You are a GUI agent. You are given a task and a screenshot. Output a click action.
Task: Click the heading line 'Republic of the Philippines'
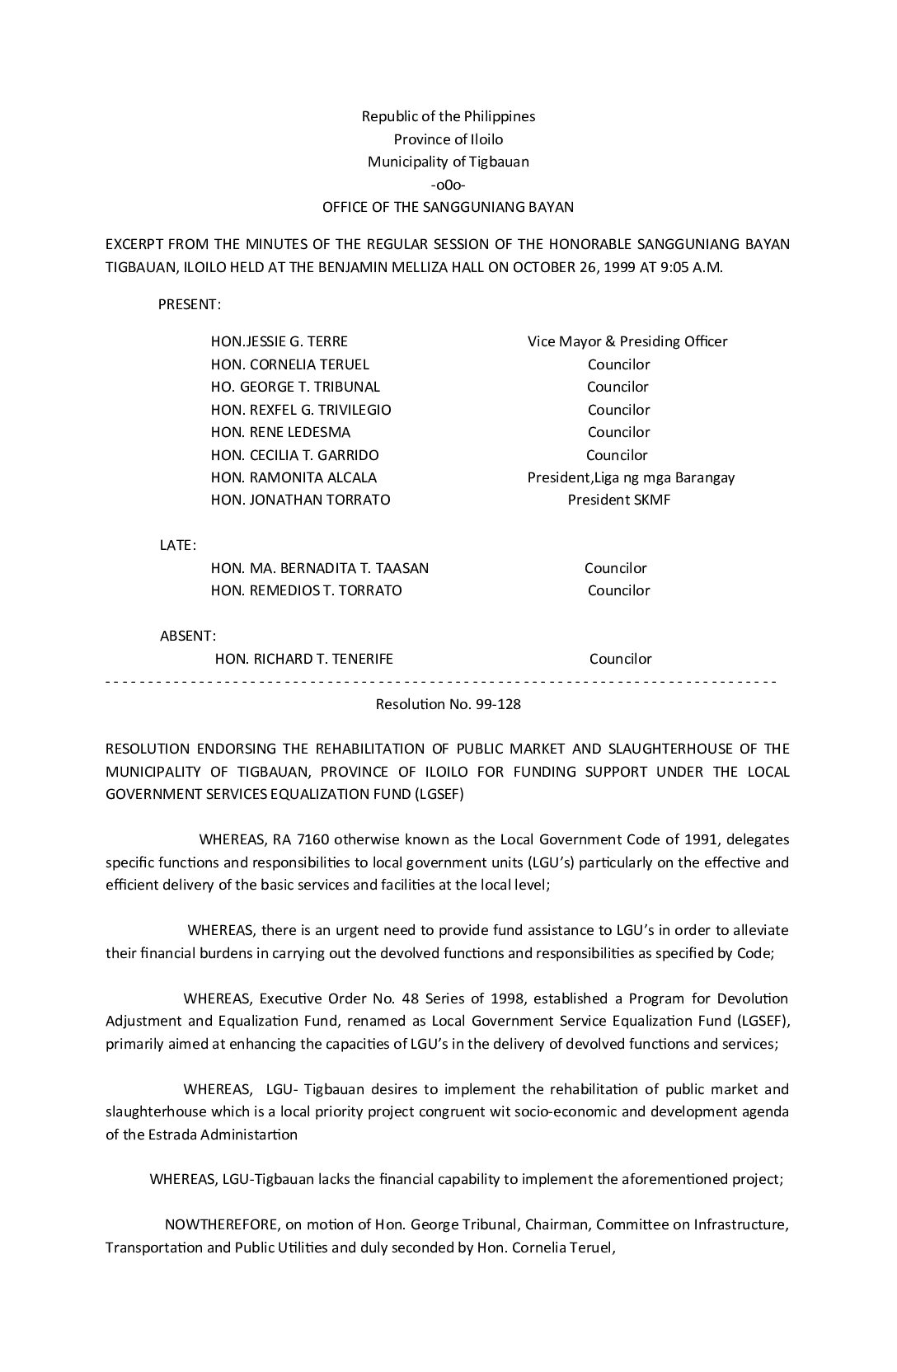448,116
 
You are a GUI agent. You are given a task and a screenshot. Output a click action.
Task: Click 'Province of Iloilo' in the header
448,139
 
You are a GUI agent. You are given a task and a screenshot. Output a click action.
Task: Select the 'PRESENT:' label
189,304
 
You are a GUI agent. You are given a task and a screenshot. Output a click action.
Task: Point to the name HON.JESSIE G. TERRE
279,341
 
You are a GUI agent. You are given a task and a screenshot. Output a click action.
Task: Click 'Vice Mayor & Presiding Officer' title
627,341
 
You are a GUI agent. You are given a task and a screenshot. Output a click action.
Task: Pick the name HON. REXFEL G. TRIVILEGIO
301,410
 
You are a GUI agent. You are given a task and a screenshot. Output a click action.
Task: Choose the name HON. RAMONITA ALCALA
294,477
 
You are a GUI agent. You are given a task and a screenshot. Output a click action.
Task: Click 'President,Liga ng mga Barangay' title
631,477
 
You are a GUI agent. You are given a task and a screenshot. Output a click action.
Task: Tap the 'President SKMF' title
618,500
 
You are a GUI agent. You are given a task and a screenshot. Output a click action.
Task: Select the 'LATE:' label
177,545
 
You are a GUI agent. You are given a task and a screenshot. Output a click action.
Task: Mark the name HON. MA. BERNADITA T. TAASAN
319,568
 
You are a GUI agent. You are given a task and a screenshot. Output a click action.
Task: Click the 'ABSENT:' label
187,636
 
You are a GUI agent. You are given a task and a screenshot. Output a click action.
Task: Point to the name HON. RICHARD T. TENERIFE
303,659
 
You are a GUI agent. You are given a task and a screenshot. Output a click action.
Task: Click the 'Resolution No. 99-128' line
448,705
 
